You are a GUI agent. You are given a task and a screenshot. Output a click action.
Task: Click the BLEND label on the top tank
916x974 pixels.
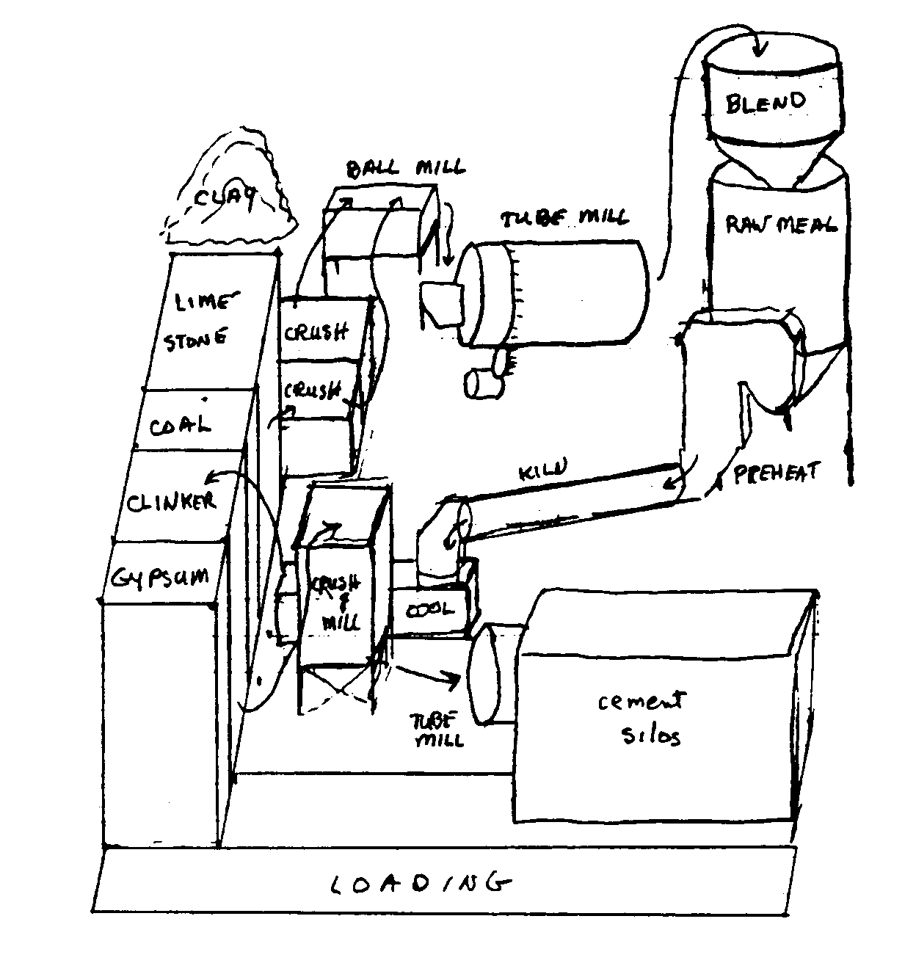coord(766,102)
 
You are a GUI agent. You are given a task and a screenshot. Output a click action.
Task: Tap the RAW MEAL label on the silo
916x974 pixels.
coord(780,224)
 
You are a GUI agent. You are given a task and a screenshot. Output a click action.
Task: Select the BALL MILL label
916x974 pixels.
coord(406,167)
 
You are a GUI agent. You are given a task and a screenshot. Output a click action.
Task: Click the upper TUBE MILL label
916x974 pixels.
coord(564,218)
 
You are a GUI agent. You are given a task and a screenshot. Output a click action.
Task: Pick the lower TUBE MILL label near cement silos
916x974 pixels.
coord(440,729)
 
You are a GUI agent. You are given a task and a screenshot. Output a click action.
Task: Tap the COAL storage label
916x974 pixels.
coord(181,426)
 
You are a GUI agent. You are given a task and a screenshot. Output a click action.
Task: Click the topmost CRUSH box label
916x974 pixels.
coord(316,332)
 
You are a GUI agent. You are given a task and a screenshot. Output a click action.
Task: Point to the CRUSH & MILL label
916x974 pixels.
coord(338,603)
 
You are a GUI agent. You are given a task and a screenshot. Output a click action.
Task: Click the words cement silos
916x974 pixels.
coord(640,717)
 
